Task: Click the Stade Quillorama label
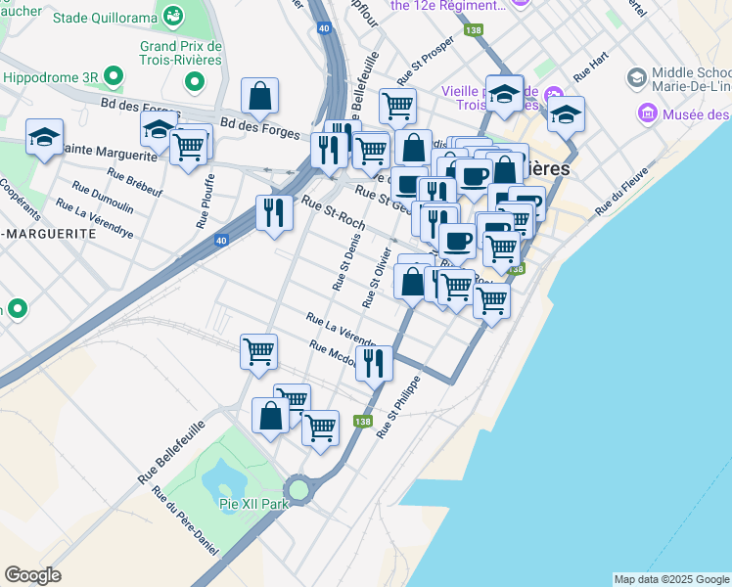[x=105, y=18]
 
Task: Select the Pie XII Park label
[x=245, y=504]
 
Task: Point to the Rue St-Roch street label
[x=334, y=212]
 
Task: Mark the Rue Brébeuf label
[x=135, y=179]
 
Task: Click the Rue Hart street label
[x=591, y=68]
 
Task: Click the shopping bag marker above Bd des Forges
[x=259, y=95]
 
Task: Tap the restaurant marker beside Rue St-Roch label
[x=274, y=211]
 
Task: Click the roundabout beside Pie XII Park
[x=298, y=488]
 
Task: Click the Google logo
[x=33, y=575]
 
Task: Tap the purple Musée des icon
[x=647, y=115]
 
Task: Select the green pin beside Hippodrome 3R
[x=114, y=76]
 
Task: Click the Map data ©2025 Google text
[x=670, y=579]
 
